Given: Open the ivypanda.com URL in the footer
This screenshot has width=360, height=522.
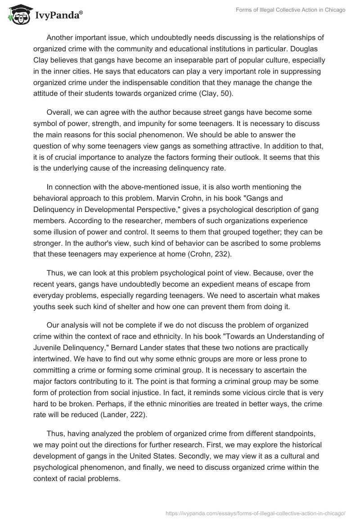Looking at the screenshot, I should pyautogui.click(x=256, y=513).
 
